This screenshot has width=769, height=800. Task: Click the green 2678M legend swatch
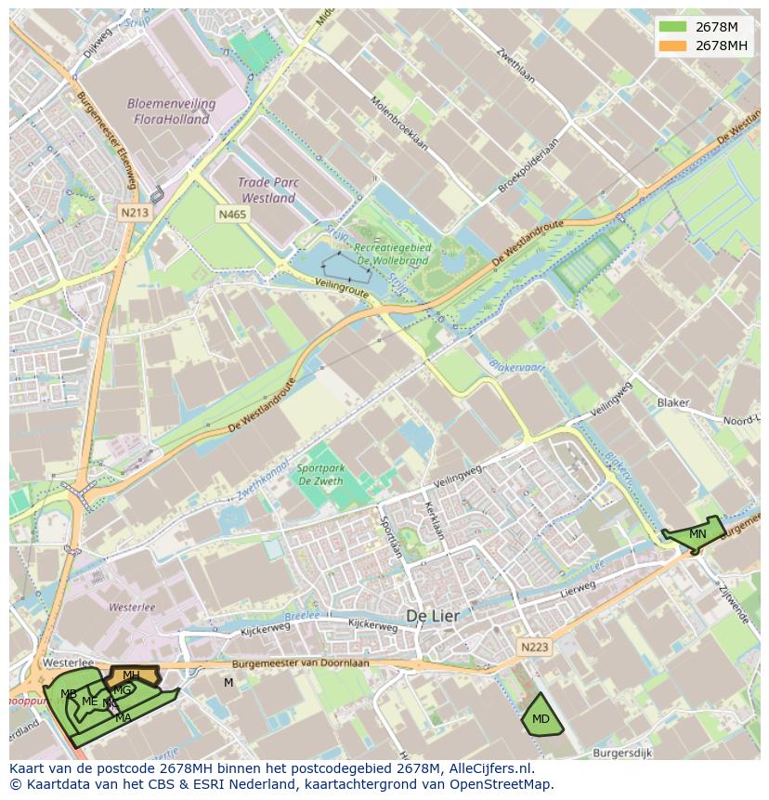(x=673, y=27)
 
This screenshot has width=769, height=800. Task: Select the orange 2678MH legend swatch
(x=673, y=46)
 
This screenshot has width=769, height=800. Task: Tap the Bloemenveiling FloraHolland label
(x=172, y=111)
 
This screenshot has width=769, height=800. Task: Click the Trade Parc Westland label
(x=267, y=190)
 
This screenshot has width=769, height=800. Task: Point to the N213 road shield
(x=135, y=213)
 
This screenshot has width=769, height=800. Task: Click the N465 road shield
(x=233, y=215)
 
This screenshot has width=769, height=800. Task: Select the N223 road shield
(x=534, y=647)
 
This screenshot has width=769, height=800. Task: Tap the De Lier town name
(x=433, y=616)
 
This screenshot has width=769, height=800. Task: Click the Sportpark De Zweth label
(x=320, y=475)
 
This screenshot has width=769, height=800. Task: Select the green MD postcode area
(x=541, y=718)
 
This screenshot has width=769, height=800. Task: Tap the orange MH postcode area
(x=133, y=675)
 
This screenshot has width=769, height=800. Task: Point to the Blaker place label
(x=673, y=402)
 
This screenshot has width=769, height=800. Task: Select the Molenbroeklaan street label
(x=399, y=124)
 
